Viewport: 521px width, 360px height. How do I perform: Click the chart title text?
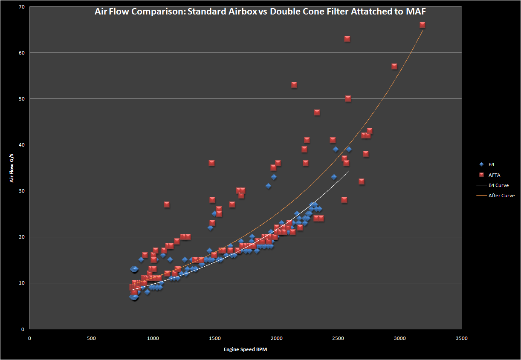(x=260, y=12)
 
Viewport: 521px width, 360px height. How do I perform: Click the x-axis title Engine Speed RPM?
(x=245, y=349)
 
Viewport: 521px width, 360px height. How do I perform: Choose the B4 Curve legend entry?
(x=498, y=185)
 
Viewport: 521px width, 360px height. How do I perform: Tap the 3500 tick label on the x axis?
(x=461, y=338)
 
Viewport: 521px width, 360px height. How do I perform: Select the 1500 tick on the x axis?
(x=214, y=338)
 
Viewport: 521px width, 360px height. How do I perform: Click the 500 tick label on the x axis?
(x=91, y=338)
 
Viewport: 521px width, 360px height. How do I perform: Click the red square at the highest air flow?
(x=423, y=25)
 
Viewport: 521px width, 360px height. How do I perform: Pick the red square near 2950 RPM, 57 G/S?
(x=394, y=66)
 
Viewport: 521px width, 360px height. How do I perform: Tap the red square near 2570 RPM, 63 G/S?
(x=347, y=38)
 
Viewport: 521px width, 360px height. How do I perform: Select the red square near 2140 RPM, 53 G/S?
(x=294, y=84)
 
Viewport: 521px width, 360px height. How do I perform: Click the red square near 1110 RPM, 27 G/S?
(x=167, y=204)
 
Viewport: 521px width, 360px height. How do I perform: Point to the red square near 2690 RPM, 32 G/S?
(x=362, y=181)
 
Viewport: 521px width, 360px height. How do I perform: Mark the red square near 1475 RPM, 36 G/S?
(x=211, y=163)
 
